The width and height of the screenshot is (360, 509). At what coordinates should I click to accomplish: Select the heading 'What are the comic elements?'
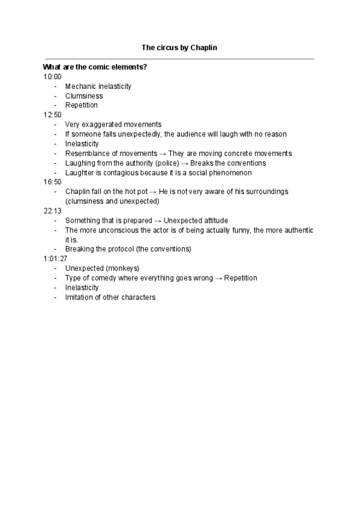95,67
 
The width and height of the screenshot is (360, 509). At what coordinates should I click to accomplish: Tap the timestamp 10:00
52,77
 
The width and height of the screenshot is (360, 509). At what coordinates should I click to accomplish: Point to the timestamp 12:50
52,115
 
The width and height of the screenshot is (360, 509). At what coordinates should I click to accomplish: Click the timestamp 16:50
52,182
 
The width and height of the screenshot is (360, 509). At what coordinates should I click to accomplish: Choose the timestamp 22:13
52,211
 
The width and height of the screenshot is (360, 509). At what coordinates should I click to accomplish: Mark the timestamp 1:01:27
56,259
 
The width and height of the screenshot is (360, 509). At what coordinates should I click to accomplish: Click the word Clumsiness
84,96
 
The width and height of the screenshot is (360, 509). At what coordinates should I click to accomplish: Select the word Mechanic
80,86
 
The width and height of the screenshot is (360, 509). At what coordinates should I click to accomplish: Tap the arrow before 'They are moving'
163,154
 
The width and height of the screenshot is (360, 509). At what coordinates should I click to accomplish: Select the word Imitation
79,297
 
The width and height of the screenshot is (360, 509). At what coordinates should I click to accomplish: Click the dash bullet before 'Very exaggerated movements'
55,125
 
